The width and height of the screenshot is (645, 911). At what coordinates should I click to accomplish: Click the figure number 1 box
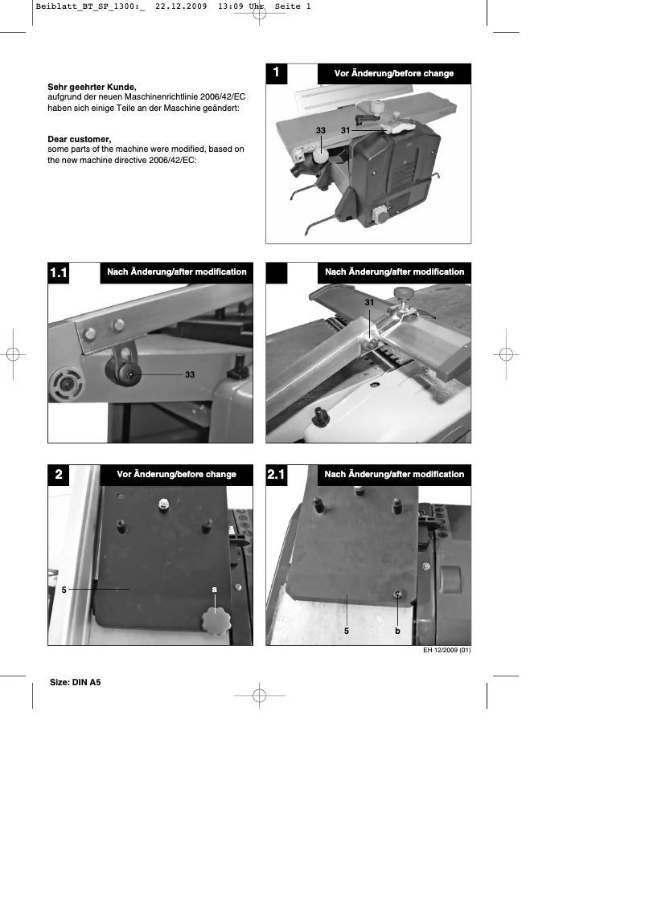[276, 73]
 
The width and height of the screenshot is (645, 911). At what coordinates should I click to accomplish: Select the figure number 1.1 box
[58, 273]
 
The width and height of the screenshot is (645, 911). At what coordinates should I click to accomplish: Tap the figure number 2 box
[58, 475]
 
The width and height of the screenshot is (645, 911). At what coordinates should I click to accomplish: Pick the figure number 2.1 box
[276, 475]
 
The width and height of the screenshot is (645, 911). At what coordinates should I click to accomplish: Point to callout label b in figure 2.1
[397, 631]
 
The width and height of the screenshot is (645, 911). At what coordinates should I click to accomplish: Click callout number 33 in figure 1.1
[190, 374]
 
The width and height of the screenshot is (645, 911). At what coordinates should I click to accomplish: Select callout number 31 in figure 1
[345, 130]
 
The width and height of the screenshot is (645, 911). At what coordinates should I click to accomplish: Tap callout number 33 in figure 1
[320, 130]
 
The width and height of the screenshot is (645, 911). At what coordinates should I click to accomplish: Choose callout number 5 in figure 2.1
[346, 631]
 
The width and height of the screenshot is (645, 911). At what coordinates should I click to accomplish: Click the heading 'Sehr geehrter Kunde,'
[92, 87]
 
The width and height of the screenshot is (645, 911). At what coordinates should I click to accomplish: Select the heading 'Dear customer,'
[79, 139]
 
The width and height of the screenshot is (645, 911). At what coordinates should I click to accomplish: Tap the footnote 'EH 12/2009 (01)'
[446, 651]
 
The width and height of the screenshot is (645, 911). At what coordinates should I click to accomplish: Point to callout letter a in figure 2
[215, 589]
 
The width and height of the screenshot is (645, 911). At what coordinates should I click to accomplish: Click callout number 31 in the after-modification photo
[369, 301]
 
